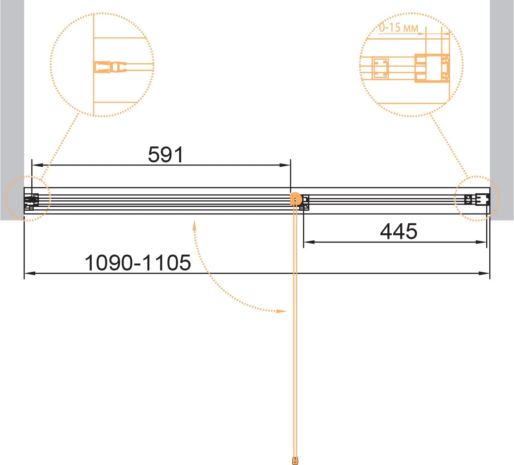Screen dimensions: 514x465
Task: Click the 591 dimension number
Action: tap(166, 155)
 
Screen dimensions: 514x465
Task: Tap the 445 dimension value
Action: tap(398, 231)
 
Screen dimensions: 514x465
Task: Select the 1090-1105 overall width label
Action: tap(138, 263)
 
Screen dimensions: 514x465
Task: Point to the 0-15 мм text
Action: tap(398, 28)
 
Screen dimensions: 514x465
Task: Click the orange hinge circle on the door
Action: tap(296, 199)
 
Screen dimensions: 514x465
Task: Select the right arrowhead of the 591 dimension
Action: tap(284, 165)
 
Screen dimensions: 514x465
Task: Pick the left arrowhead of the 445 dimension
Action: tap(309, 242)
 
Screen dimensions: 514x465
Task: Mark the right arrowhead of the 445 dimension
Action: tap(481, 242)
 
